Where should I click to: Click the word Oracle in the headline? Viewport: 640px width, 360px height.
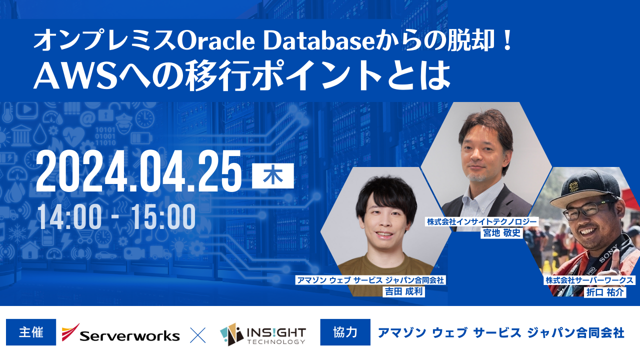coord(216,41)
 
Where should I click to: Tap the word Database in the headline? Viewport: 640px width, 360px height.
coord(318,41)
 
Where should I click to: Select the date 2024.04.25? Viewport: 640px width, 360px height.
coord(139,171)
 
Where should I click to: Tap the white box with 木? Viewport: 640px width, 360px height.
coord(273,175)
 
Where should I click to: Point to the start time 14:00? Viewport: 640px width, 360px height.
coord(69,217)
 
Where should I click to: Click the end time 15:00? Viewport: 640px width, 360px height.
coord(163,217)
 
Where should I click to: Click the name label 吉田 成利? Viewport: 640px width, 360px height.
coord(403,291)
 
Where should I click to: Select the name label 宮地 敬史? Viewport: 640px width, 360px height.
coord(501,233)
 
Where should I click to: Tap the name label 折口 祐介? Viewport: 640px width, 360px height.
coord(605,292)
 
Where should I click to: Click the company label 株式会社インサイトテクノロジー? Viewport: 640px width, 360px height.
coord(481,221)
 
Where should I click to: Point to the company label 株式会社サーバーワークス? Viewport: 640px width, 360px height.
coord(589,280)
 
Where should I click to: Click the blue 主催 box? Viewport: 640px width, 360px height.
coord(31,332)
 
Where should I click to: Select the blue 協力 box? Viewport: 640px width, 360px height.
coord(345,332)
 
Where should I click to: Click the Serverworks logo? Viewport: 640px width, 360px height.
coord(120,333)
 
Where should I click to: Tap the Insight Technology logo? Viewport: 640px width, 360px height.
coord(263,334)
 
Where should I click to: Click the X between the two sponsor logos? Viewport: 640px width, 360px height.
coord(197,335)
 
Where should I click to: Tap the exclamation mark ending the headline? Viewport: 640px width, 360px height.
coord(507,41)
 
